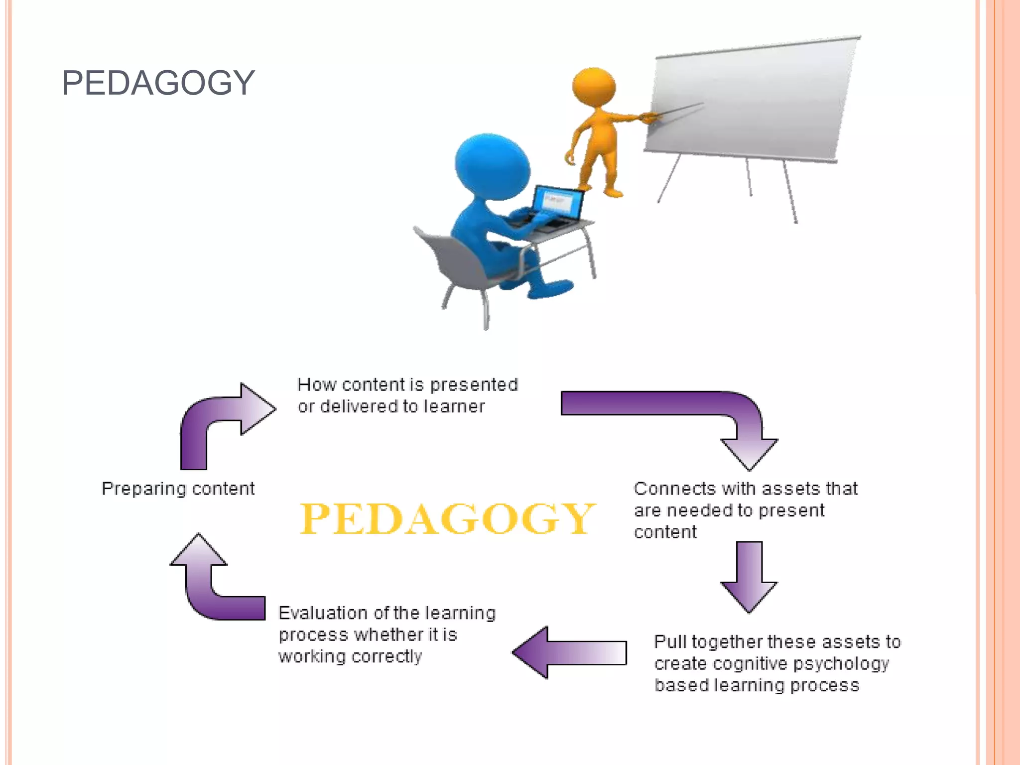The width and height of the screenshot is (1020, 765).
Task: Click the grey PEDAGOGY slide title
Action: click(158, 83)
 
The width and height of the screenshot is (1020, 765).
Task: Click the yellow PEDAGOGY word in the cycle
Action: click(447, 519)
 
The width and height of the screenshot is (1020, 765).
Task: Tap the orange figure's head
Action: click(594, 87)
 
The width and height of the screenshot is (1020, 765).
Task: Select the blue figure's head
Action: click(491, 166)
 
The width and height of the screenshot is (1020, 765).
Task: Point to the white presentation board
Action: click(752, 100)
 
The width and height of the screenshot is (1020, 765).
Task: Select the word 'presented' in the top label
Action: click(474, 385)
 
